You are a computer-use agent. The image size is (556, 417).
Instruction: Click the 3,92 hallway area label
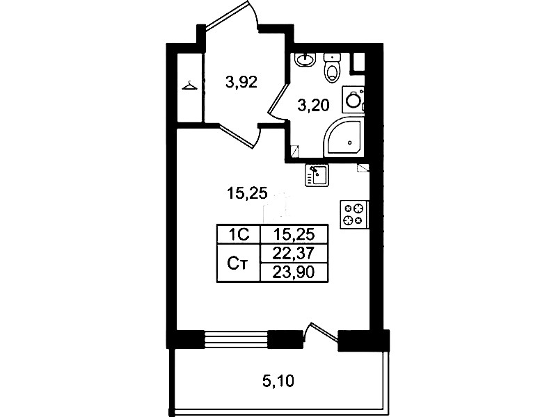click(241, 83)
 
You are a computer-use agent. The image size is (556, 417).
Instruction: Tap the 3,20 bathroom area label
click(313, 106)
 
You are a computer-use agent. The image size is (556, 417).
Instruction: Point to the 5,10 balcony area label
click(278, 382)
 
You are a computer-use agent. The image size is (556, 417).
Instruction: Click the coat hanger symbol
click(190, 85)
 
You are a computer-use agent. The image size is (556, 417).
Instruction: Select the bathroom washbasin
click(305, 59)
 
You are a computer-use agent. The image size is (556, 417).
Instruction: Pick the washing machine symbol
click(354, 99)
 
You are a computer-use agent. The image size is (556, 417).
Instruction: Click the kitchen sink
click(317, 174)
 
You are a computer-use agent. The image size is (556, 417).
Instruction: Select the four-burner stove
click(354, 214)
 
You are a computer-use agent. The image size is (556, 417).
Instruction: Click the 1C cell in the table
click(239, 234)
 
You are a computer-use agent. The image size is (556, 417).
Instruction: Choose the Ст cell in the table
click(239, 263)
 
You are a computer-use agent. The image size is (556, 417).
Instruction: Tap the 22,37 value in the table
click(294, 253)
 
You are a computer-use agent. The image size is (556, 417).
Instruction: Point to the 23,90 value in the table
click(294, 272)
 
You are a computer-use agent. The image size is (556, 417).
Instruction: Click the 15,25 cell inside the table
click(294, 234)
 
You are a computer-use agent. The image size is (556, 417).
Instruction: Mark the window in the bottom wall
click(236, 340)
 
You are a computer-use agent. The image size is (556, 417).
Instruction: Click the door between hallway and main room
click(240, 136)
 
